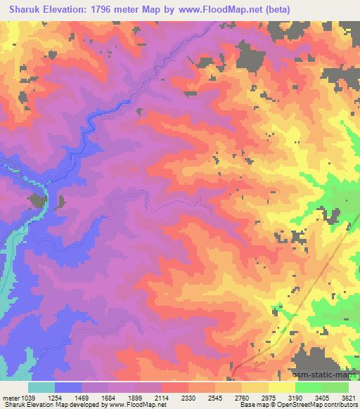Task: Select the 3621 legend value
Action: tap(350, 398)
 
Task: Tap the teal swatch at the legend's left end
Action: tap(41, 387)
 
